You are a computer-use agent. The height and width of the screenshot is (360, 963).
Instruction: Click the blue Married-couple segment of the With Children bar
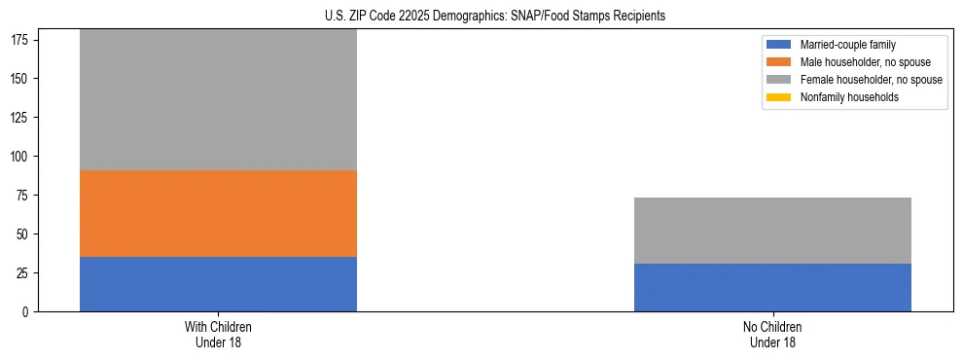pyautogui.click(x=218, y=284)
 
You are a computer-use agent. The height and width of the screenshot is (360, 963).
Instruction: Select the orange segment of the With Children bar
pyautogui.click(x=218, y=213)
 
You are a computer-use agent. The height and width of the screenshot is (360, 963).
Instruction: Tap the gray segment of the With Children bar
pyautogui.click(x=218, y=100)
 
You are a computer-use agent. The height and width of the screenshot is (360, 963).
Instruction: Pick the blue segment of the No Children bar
pyautogui.click(x=772, y=287)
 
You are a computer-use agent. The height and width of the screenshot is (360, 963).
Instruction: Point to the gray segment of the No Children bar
pyautogui.click(x=772, y=231)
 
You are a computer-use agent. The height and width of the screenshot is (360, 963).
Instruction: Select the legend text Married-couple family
pyautogui.click(x=846, y=45)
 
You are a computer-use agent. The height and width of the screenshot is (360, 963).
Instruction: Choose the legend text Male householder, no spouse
pyautogui.click(x=859, y=62)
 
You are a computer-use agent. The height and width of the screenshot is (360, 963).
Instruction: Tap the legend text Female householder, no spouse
pyautogui.click(x=871, y=80)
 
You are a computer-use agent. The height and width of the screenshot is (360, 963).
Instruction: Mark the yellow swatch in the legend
pyautogui.click(x=779, y=97)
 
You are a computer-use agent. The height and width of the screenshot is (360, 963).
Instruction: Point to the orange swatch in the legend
pyautogui.click(x=779, y=62)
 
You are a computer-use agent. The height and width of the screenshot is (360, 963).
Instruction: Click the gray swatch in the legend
pyautogui.click(x=779, y=80)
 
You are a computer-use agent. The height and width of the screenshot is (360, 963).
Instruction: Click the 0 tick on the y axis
pyautogui.click(x=27, y=311)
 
